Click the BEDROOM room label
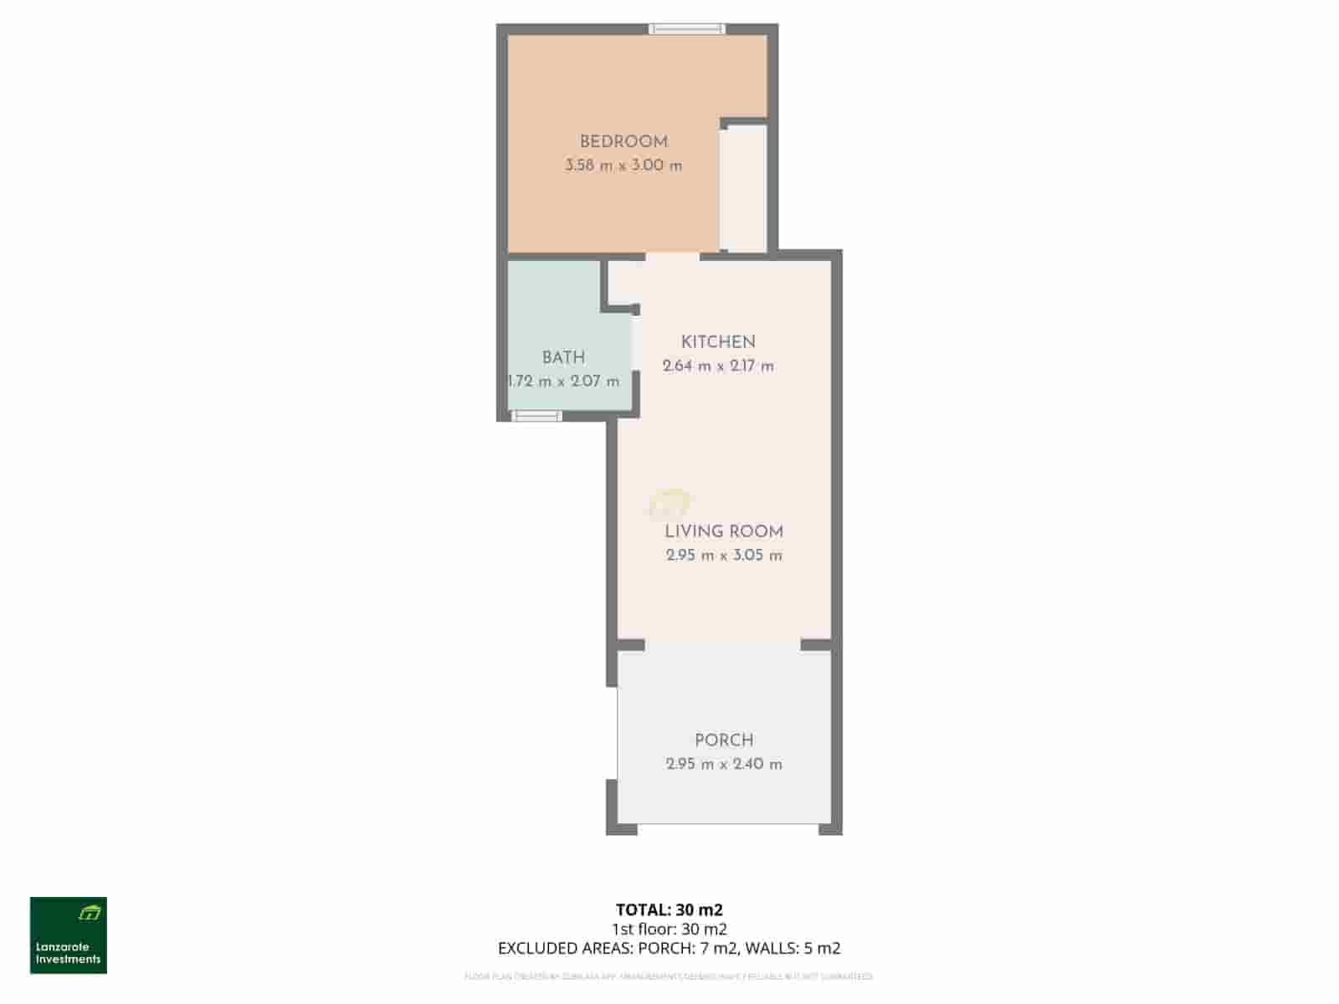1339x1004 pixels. [623, 142]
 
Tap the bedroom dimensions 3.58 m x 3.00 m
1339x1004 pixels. [623, 166]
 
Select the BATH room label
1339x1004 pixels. [563, 358]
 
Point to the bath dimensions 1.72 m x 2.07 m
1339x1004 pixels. [564, 382]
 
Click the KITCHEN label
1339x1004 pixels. [718, 342]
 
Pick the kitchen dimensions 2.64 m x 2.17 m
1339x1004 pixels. [718, 366]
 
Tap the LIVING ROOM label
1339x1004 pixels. [724, 532]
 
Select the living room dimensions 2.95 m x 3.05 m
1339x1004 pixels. [724, 556]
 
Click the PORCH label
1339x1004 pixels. [724, 740]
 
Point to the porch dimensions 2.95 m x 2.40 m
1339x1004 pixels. [724, 764]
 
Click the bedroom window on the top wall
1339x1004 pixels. [687, 29]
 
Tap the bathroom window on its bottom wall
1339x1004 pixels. [536, 416]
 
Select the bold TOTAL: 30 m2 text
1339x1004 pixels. [669, 909]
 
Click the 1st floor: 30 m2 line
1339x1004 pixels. [669, 929]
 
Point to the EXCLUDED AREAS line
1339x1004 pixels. [669, 949]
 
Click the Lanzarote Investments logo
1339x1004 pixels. [69, 935]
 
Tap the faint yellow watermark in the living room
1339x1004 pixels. [669, 504]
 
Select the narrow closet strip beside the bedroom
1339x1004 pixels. [744, 187]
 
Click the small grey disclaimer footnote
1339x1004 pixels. [669, 976]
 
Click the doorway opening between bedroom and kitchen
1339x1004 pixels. [672, 256]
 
